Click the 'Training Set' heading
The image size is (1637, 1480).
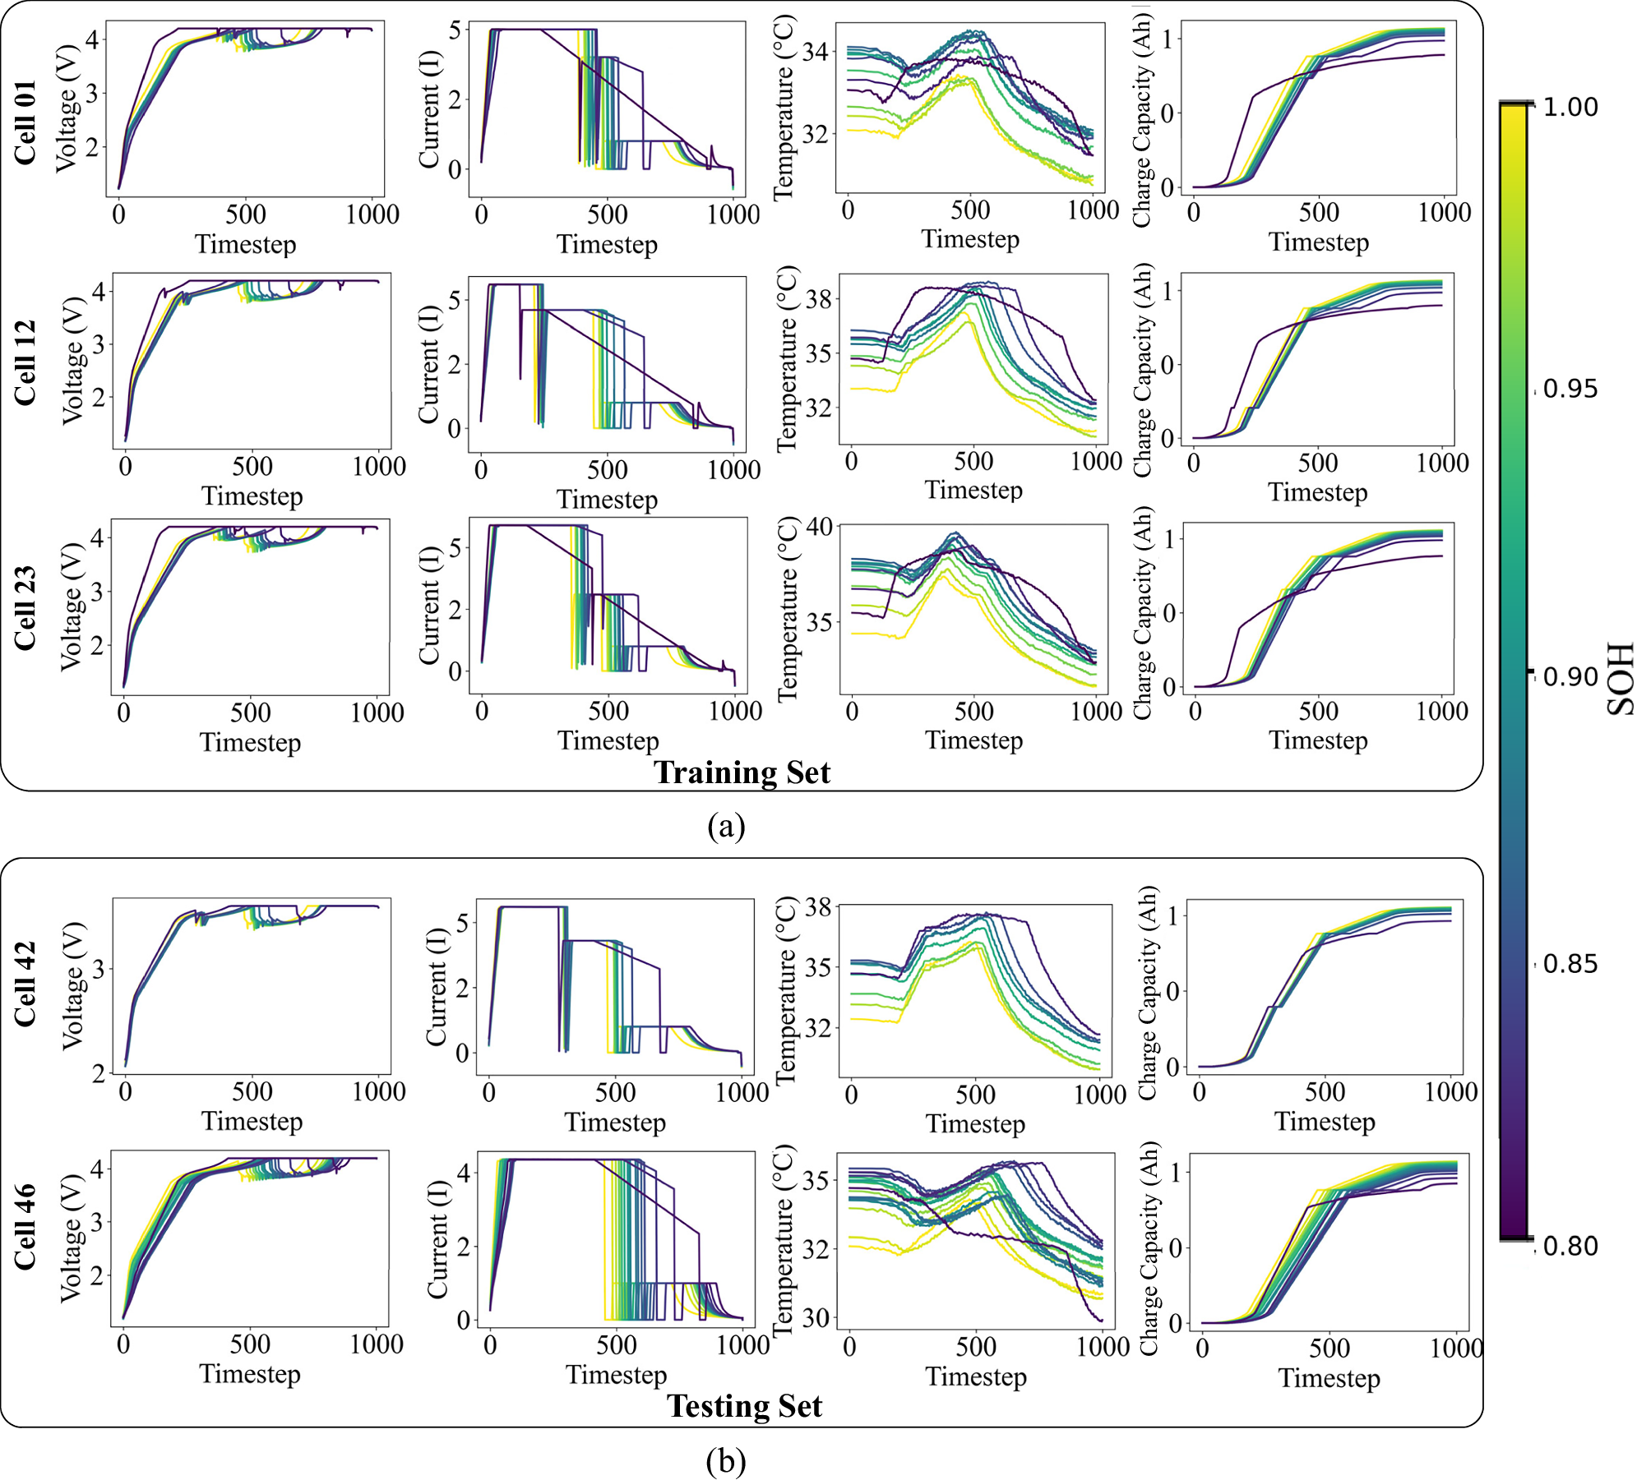point(742,772)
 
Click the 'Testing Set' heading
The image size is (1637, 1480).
point(744,1406)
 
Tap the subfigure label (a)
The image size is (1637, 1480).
point(726,826)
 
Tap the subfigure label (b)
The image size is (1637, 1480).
point(726,1460)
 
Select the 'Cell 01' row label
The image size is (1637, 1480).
point(25,123)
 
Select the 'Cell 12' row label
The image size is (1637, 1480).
point(25,362)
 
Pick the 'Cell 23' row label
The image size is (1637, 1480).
point(25,608)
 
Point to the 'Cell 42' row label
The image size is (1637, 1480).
point(25,984)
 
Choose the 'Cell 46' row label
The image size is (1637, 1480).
point(25,1227)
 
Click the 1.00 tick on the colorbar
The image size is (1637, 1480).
point(1570,107)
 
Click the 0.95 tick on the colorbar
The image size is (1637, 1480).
point(1570,389)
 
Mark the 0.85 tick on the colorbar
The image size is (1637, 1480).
point(1570,963)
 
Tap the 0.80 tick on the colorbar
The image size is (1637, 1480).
point(1570,1246)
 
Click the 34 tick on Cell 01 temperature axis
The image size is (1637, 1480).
point(815,53)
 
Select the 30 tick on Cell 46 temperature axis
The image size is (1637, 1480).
point(816,1318)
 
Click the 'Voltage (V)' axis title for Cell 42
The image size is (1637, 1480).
point(73,986)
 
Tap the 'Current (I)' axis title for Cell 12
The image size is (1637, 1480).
point(428,362)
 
